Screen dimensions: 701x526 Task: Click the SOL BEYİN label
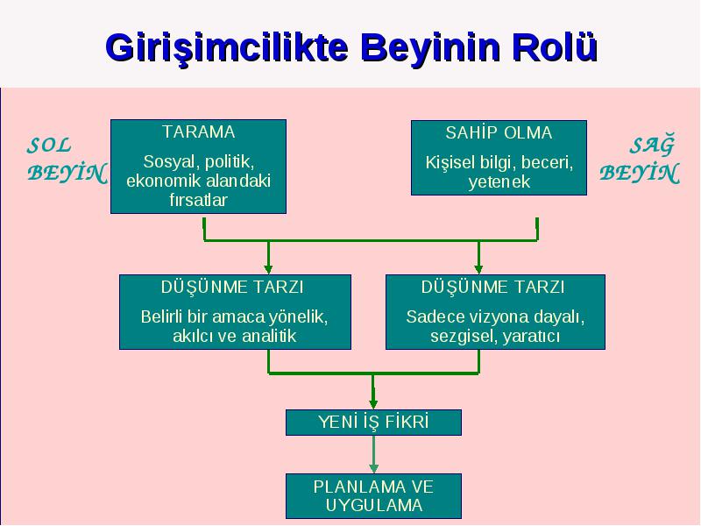67,160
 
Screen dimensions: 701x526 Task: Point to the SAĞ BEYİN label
640,160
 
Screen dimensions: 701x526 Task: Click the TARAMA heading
199,132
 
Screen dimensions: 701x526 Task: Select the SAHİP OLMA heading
499,133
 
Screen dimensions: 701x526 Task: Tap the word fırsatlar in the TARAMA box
199,200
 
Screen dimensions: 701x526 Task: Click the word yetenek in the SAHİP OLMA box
499,182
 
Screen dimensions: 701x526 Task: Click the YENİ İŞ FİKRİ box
374,423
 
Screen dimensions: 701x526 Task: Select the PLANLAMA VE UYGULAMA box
374,496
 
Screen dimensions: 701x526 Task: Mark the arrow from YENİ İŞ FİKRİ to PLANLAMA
374,454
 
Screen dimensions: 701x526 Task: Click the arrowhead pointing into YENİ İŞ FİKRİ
374,403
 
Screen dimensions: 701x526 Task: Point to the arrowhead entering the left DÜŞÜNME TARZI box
268,268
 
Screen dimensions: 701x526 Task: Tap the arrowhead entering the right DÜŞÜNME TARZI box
478,268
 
